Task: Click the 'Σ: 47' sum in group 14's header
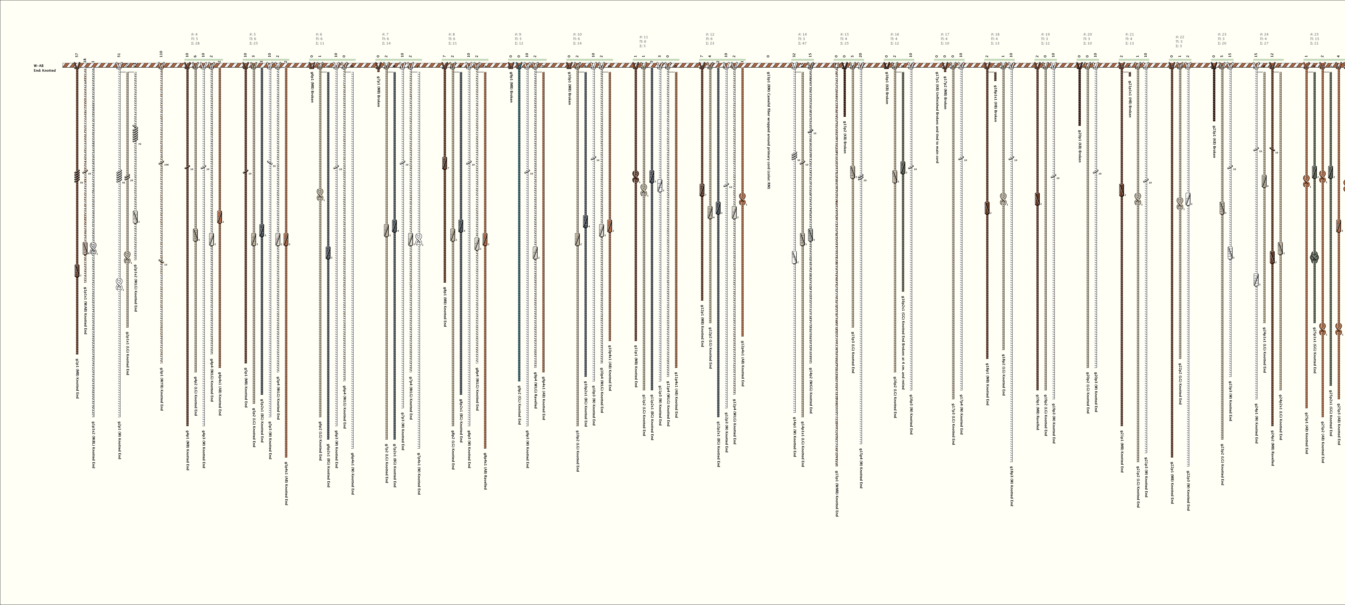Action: click(803, 43)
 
